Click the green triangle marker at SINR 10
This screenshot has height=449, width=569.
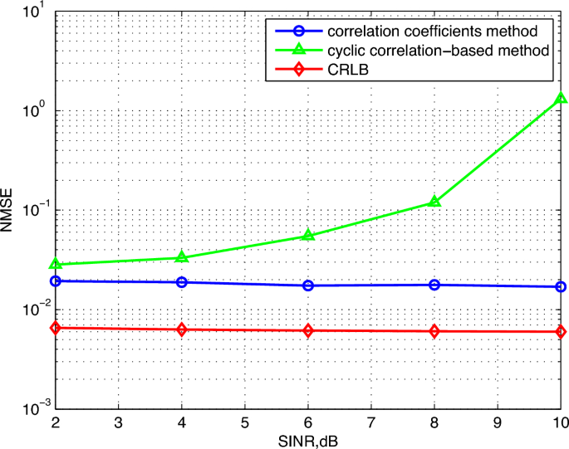pyautogui.click(x=562, y=98)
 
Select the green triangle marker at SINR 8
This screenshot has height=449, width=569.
pyautogui.click(x=434, y=202)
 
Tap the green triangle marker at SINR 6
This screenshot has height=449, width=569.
pyautogui.click(x=308, y=236)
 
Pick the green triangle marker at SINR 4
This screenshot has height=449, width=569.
pyautogui.click(x=181, y=257)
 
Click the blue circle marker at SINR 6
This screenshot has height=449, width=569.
pyautogui.click(x=308, y=286)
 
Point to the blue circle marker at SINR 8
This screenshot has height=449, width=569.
pyautogui.click(x=434, y=285)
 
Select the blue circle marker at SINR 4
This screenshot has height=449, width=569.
pyautogui.click(x=181, y=282)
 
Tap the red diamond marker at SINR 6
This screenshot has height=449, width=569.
pyautogui.click(x=308, y=330)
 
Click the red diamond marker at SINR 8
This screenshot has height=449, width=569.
pyautogui.click(x=434, y=331)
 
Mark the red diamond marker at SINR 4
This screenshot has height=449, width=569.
pyautogui.click(x=181, y=329)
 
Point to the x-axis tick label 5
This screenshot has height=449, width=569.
pyautogui.click(x=244, y=422)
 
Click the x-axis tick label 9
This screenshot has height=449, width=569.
pyautogui.click(x=498, y=422)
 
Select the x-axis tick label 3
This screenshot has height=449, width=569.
pyautogui.click(x=118, y=422)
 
